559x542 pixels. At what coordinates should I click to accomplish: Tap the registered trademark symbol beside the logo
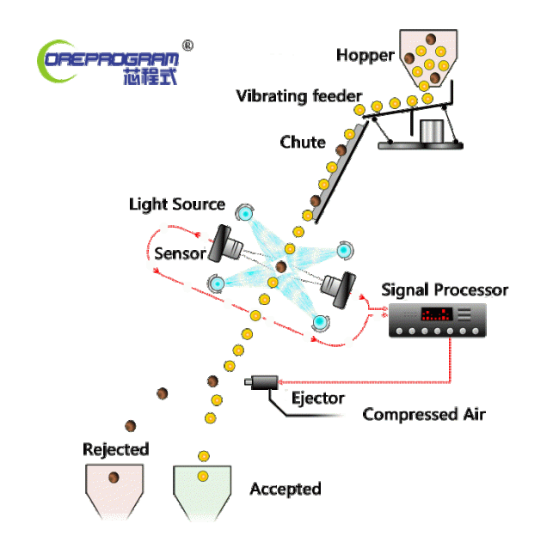click(x=187, y=45)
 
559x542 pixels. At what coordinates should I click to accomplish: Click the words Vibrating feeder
click(x=299, y=95)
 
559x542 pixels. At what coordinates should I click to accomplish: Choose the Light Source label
click(x=177, y=204)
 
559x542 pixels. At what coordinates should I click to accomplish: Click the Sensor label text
click(x=180, y=253)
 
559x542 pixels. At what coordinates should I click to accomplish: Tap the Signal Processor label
click(x=445, y=289)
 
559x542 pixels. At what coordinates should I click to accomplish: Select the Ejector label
click(x=317, y=398)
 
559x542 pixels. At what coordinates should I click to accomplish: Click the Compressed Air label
click(x=424, y=415)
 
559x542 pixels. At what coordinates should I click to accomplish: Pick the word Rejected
click(x=115, y=449)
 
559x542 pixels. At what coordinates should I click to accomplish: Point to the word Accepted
click(x=285, y=489)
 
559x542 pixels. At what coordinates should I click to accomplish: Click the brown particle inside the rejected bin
click(x=113, y=477)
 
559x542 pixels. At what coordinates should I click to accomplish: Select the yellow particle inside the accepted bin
click(x=203, y=476)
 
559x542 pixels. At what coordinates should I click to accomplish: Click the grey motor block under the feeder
click(x=434, y=131)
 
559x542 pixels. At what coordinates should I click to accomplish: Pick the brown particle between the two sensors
click(x=281, y=267)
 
